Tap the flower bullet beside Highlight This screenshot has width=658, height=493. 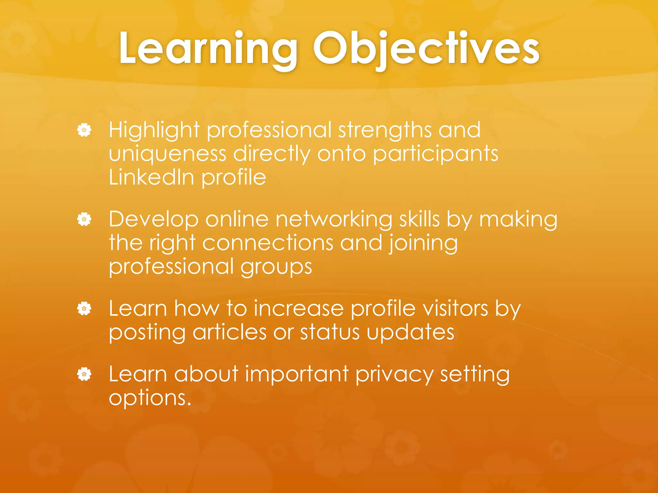coord(84,130)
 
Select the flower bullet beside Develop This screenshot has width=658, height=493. coord(84,220)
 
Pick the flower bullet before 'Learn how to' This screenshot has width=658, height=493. coord(84,309)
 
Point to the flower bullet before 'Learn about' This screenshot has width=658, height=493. coord(84,374)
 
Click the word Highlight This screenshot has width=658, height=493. coord(154,130)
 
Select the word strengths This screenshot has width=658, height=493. coord(385,130)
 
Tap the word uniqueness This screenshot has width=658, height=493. coord(167,154)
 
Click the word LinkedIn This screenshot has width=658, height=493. coord(151,177)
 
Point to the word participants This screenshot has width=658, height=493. coord(435,154)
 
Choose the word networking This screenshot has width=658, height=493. coord(334,220)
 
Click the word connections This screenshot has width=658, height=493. coord(268,243)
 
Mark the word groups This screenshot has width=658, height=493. coord(276,267)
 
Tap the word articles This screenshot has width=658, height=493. coord(229,332)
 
